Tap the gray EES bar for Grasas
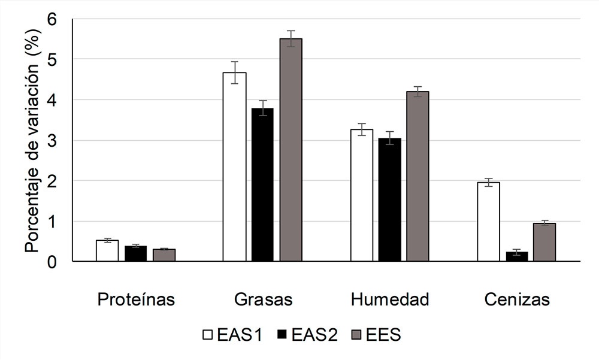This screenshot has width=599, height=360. coord(291,150)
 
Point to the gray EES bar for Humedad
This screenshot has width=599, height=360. coord(418,176)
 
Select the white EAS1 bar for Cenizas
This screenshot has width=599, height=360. coord(488,222)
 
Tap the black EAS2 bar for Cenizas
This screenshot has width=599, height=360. coord(516,256)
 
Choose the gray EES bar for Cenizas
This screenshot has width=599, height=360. coord(544,242)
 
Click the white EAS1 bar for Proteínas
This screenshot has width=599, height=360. coord(107,250)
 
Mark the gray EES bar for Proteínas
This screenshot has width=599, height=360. coord(164,255)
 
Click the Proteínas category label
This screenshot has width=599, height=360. coord(136,300)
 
